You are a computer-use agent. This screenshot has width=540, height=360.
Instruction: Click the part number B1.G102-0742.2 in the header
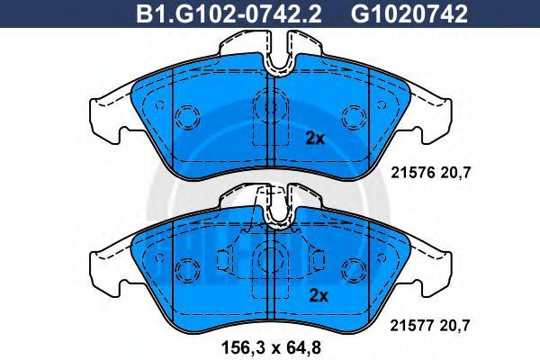[229, 14]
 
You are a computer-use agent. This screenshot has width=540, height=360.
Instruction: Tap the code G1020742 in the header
[409, 14]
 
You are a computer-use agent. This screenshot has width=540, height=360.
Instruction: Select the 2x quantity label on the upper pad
[315, 139]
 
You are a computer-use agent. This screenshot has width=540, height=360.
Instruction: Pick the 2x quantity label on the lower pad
[319, 295]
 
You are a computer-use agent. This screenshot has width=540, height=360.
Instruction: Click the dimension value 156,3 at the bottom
[239, 347]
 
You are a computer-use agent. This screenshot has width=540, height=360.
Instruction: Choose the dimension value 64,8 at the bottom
[302, 347]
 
